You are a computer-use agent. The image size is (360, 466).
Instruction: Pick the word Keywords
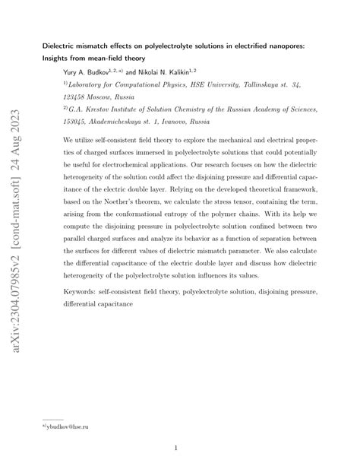[x=81, y=291]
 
